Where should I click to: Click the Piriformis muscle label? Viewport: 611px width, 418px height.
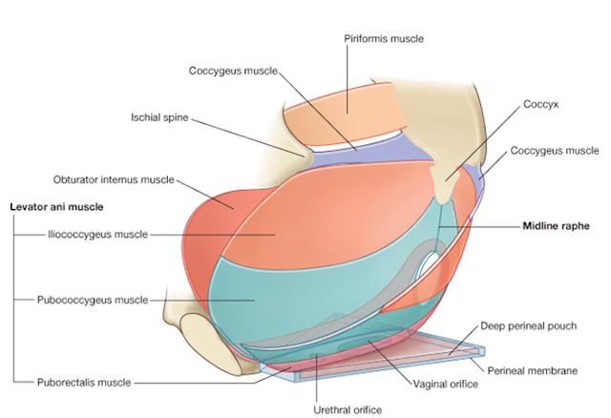(x=383, y=38)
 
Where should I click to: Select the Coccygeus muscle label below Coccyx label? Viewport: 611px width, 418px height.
(x=554, y=151)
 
